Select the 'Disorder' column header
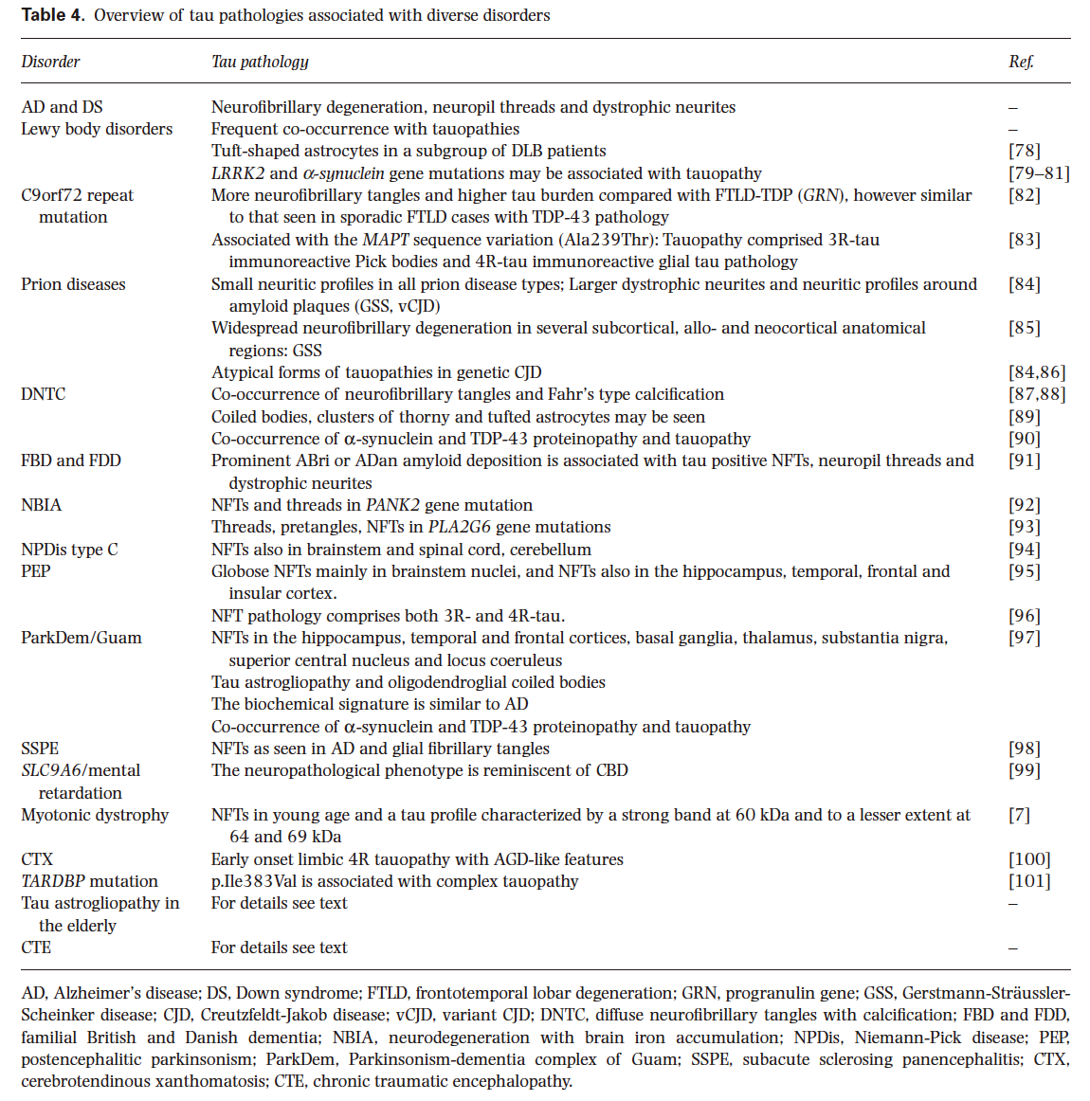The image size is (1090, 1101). (x=50, y=62)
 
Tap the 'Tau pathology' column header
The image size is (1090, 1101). (x=260, y=62)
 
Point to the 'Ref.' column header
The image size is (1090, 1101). (x=1021, y=62)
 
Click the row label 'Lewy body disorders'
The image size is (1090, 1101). (x=97, y=129)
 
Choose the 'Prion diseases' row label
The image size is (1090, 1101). (x=73, y=284)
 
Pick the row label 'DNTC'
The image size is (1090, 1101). (x=44, y=394)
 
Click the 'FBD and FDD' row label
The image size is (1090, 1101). (x=71, y=460)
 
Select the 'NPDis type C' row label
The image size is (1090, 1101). (x=69, y=550)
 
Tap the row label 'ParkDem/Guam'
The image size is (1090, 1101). (x=82, y=638)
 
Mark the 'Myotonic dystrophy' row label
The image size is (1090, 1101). (x=95, y=815)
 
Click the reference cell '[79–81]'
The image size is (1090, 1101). (x=1039, y=173)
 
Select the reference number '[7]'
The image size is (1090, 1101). (x=1019, y=815)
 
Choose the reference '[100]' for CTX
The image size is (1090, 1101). (x=1029, y=859)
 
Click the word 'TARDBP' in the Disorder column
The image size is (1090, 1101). (x=52, y=881)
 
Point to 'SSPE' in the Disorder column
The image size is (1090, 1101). (x=40, y=749)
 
